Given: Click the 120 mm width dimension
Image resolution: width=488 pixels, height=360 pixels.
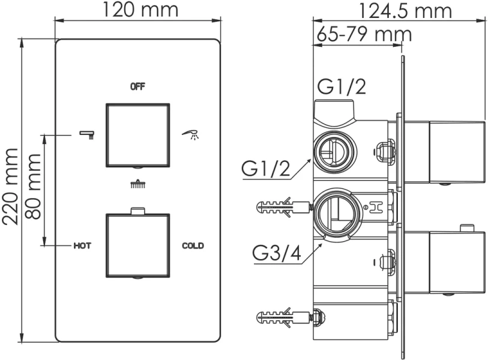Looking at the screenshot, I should (139, 10).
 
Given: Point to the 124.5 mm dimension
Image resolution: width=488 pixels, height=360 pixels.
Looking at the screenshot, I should (405, 10).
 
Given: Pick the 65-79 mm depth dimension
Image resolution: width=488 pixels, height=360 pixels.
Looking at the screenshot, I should (364, 34).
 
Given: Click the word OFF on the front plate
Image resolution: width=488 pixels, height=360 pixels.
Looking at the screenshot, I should (137, 86).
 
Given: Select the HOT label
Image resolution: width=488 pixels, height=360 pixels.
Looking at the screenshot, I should (82, 245).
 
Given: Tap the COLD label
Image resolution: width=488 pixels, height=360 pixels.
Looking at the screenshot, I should (193, 245).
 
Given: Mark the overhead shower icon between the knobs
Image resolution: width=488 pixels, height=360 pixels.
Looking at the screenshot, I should (137, 184).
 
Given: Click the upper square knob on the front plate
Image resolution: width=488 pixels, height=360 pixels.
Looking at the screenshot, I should (138, 135).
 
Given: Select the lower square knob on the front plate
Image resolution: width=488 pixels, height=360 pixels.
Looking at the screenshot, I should (138, 245).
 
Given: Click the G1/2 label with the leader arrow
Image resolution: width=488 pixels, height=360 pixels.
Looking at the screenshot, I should (267, 169).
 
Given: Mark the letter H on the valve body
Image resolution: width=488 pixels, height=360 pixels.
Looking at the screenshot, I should (376, 208).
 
